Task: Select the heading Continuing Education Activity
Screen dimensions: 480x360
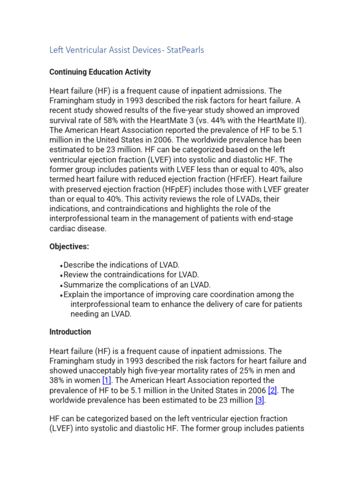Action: (100, 72)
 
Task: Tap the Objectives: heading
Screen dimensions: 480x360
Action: (69, 246)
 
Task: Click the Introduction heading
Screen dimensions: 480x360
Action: (70, 332)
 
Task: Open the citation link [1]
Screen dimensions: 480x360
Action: (106, 381)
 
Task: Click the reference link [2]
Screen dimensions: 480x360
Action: (272, 390)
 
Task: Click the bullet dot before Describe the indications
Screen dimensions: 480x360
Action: (61, 266)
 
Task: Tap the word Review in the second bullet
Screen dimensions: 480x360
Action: (75, 275)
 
